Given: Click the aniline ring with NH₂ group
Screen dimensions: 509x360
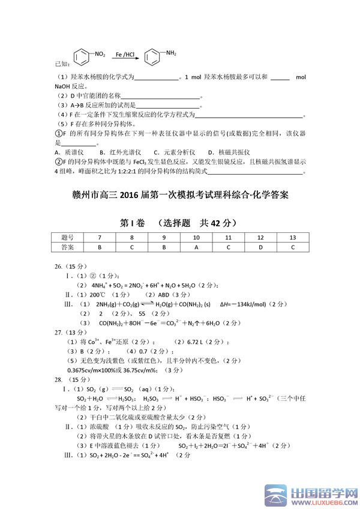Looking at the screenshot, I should tap(154, 58).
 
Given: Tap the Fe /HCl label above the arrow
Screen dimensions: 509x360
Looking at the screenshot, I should tap(125, 53).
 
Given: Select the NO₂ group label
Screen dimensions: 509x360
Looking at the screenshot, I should tap(100, 54).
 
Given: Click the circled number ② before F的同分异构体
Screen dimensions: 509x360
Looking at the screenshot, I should tap(59, 161).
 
